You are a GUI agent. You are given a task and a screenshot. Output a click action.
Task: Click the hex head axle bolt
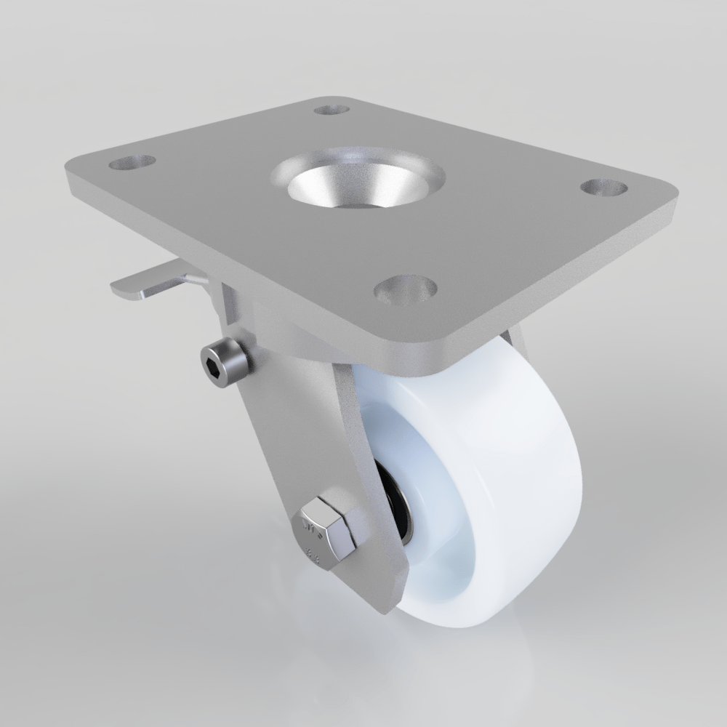coord(325,530)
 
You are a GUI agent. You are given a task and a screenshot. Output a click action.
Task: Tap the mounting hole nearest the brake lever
coord(132,161)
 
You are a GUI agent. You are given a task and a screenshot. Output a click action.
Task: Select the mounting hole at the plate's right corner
coord(604,187)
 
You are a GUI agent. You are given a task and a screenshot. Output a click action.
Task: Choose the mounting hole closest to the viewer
coord(405,289)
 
